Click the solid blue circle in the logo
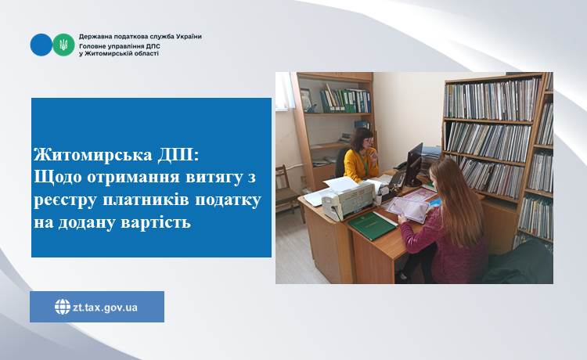tap(41, 45)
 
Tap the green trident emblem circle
tap(63, 45)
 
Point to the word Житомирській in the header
tap(109, 53)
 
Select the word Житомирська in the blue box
tap(93, 155)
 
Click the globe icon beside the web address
tap(63, 307)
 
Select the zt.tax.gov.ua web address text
tap(105, 308)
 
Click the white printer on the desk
tap(348, 200)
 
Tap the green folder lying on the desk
tap(372, 225)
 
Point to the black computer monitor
tap(414, 164)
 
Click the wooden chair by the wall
tap(287, 191)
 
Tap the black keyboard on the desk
tap(394, 182)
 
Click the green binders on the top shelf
tap(345, 101)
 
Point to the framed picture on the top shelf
tap(306, 99)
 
